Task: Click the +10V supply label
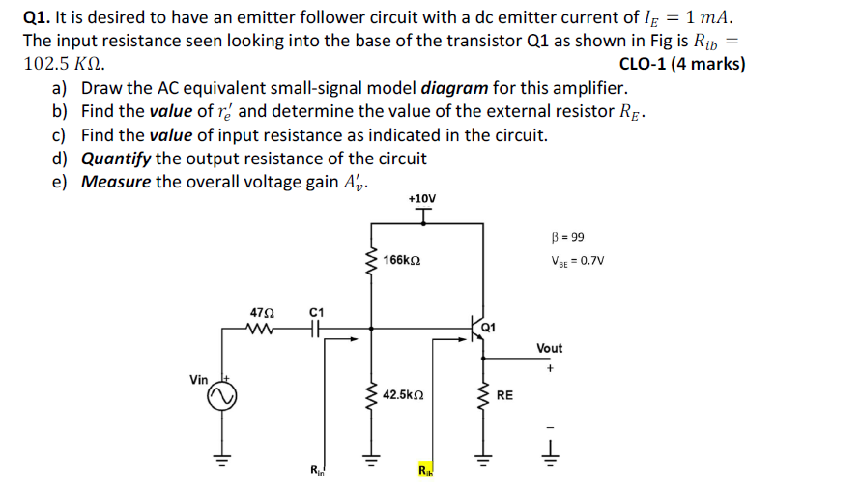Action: click(x=422, y=199)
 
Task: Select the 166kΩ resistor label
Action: click(x=401, y=261)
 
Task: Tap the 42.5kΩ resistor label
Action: click(x=403, y=395)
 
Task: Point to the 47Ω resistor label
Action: click(x=262, y=314)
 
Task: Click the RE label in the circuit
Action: click(x=505, y=395)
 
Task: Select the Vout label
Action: click(x=550, y=348)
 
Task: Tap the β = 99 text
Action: click(x=567, y=237)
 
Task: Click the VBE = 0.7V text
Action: click(x=577, y=260)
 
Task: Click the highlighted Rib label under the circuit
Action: click(x=425, y=471)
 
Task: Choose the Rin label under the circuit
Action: click(x=317, y=471)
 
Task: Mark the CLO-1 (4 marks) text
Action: click(x=681, y=65)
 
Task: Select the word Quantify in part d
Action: click(x=116, y=159)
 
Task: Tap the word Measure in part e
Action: click(x=116, y=182)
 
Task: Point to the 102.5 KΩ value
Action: click(x=64, y=65)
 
